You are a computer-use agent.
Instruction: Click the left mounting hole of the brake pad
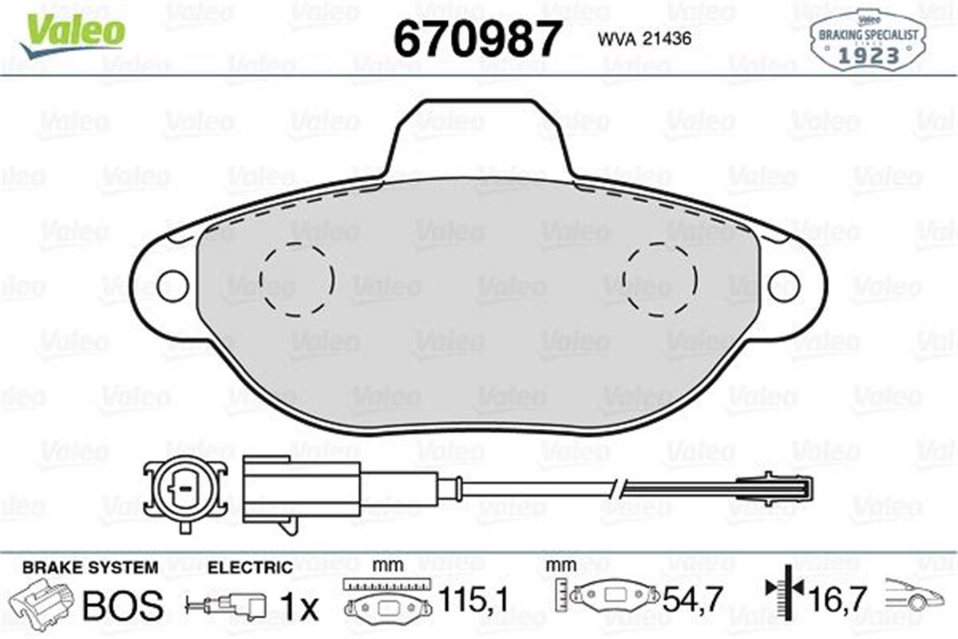pyautogui.click(x=172, y=285)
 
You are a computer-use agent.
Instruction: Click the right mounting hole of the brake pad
pyautogui.click(x=783, y=285)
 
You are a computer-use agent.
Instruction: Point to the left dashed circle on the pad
pyautogui.click(x=297, y=280)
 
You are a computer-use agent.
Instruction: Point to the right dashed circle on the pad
pyautogui.click(x=660, y=280)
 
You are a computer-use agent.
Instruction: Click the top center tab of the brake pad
pyautogui.click(x=478, y=136)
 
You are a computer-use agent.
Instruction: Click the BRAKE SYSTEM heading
pyautogui.click(x=89, y=568)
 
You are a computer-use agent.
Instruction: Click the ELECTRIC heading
pyautogui.click(x=250, y=568)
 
